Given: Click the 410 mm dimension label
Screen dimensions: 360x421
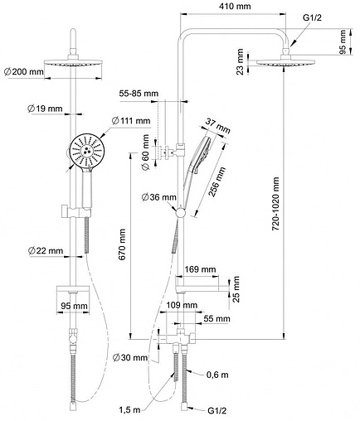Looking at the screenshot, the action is tap(235, 6).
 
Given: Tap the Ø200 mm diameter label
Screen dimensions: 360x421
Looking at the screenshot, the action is tap(24, 72).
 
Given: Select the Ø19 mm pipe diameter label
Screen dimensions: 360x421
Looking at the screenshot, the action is tap(45, 109).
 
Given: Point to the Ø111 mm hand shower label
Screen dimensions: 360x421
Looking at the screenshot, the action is tap(131, 121).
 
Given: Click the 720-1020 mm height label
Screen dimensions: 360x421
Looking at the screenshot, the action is tap(275, 204).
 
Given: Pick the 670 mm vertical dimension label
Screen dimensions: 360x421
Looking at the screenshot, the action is tap(122, 244).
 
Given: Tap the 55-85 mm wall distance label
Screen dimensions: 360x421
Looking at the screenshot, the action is tap(139, 94).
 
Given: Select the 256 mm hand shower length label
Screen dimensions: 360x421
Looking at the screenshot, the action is tap(216, 181).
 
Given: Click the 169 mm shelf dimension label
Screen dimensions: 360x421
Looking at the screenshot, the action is tap(200, 269).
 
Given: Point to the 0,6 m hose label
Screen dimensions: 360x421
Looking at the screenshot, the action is tap(217, 375).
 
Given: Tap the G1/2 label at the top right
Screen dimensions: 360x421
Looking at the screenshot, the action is tap(312, 17).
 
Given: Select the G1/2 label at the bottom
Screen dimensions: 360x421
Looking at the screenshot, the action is tap(217, 411).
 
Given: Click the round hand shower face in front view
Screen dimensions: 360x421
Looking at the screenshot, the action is tap(86, 151).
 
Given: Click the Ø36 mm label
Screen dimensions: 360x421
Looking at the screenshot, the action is tap(158, 197).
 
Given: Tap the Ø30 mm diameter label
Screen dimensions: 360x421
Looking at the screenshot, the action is tap(130, 358).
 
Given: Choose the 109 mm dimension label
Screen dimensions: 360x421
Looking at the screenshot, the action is tap(182, 305).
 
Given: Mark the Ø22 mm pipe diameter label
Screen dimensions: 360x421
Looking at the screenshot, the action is tap(46, 251).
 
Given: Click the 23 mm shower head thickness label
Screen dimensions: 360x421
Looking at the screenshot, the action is tap(240, 61).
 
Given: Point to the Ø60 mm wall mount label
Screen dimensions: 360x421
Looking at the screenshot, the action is tap(145, 152).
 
